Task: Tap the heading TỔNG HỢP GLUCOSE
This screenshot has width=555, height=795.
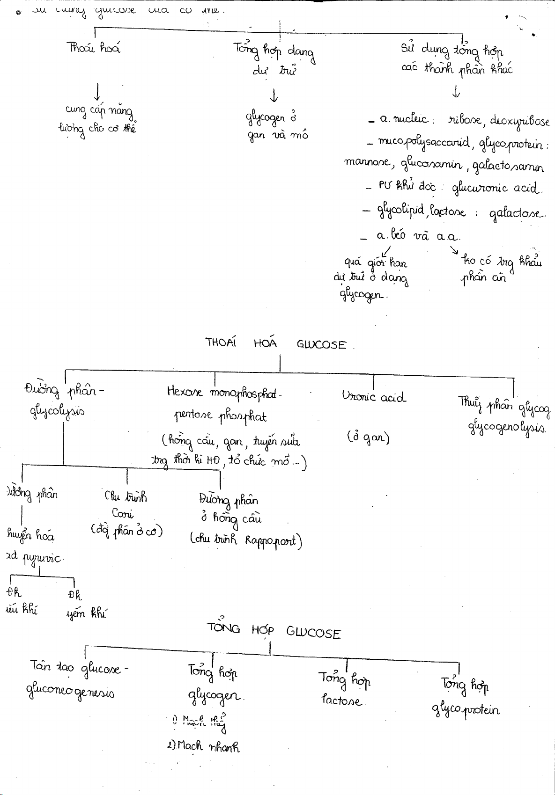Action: click(x=274, y=631)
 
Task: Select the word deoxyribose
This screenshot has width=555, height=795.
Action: click(x=519, y=121)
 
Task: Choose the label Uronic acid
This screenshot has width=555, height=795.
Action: click(x=374, y=397)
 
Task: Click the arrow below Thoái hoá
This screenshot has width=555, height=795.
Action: click(x=97, y=91)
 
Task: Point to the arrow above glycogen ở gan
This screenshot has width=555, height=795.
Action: click(x=274, y=95)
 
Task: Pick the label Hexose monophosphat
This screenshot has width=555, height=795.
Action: click(x=223, y=392)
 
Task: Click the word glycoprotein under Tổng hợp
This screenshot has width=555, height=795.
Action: click(x=466, y=710)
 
